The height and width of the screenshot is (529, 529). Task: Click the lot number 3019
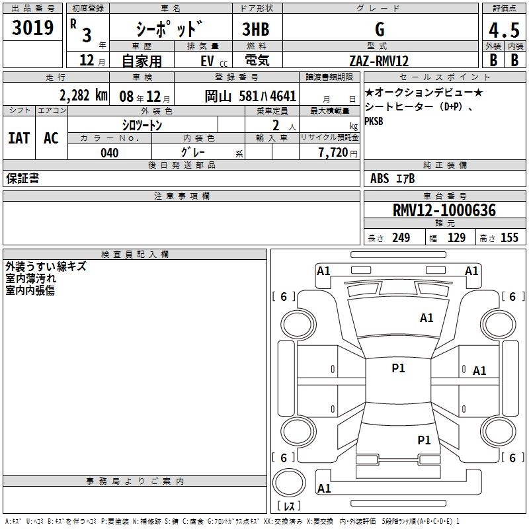point(33,29)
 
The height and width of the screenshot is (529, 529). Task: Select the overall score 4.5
point(503,30)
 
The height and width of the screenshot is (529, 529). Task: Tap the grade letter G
point(379,30)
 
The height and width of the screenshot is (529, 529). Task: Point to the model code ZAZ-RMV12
point(379,61)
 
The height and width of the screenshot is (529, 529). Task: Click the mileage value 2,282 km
point(83,95)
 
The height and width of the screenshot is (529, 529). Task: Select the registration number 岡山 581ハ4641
point(250,95)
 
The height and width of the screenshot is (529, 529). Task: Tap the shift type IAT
point(19,138)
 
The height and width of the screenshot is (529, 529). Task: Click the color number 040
point(109,153)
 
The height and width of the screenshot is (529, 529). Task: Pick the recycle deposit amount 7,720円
point(338,153)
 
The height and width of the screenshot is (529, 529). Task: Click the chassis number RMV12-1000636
point(444,210)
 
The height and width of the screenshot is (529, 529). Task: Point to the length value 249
point(401,238)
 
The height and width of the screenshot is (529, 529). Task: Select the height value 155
point(509,238)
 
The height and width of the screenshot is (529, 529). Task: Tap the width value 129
point(456,238)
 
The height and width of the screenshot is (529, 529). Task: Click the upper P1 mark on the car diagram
point(398,368)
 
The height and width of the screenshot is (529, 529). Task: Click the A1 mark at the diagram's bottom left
point(324,489)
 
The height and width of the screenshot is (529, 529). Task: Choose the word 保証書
point(22,178)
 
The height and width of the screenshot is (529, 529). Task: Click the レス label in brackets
point(289,507)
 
